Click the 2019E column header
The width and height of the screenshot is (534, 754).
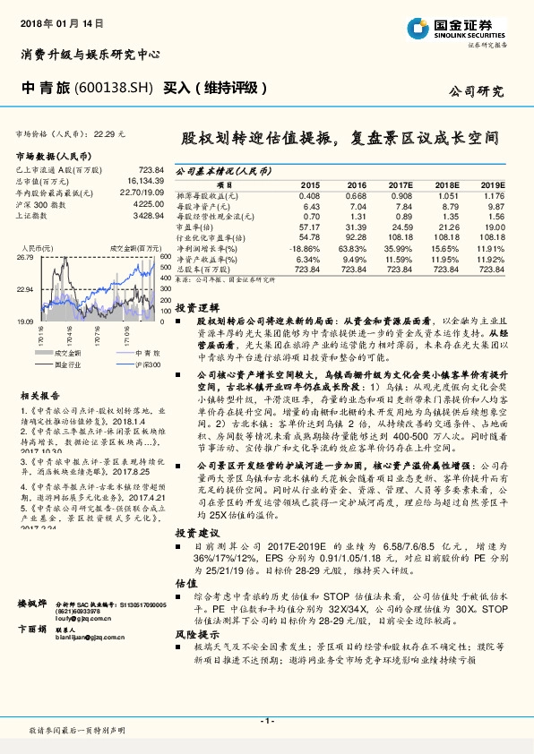492,183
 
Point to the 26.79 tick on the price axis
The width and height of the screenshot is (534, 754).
26,257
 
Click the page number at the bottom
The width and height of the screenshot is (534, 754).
266,720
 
